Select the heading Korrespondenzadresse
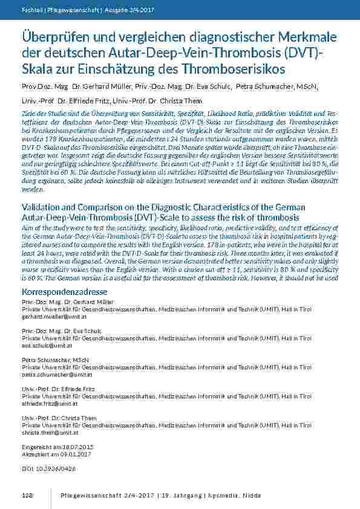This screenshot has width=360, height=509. point(60,292)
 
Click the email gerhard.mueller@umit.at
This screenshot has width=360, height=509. point(50,316)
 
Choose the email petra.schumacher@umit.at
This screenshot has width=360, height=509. point(53,374)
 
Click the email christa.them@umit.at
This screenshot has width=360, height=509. point(50,432)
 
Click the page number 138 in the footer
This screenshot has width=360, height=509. point(27,495)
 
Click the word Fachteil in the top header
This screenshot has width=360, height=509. point(31,10)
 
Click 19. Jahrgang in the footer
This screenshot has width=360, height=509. point(180,495)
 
